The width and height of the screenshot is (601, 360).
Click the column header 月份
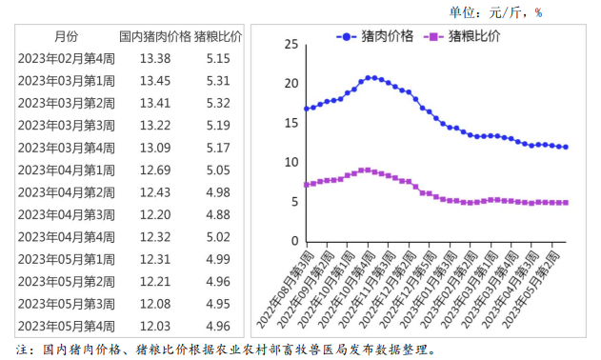(67, 36)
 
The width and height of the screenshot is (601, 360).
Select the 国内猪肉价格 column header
(154, 36)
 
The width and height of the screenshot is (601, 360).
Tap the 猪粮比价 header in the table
(218, 36)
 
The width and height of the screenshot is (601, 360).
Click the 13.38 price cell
(154, 58)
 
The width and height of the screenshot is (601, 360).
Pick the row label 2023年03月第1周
(67, 80)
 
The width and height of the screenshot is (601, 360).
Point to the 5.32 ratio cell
(218, 102)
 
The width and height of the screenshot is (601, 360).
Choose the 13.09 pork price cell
(154, 147)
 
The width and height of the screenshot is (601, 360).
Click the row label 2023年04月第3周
(67, 213)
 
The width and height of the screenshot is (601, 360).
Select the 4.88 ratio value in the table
(218, 213)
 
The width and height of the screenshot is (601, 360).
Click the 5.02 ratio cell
(218, 236)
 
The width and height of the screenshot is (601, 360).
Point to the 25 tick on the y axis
(291, 44)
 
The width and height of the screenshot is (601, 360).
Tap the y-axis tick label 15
(291, 123)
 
